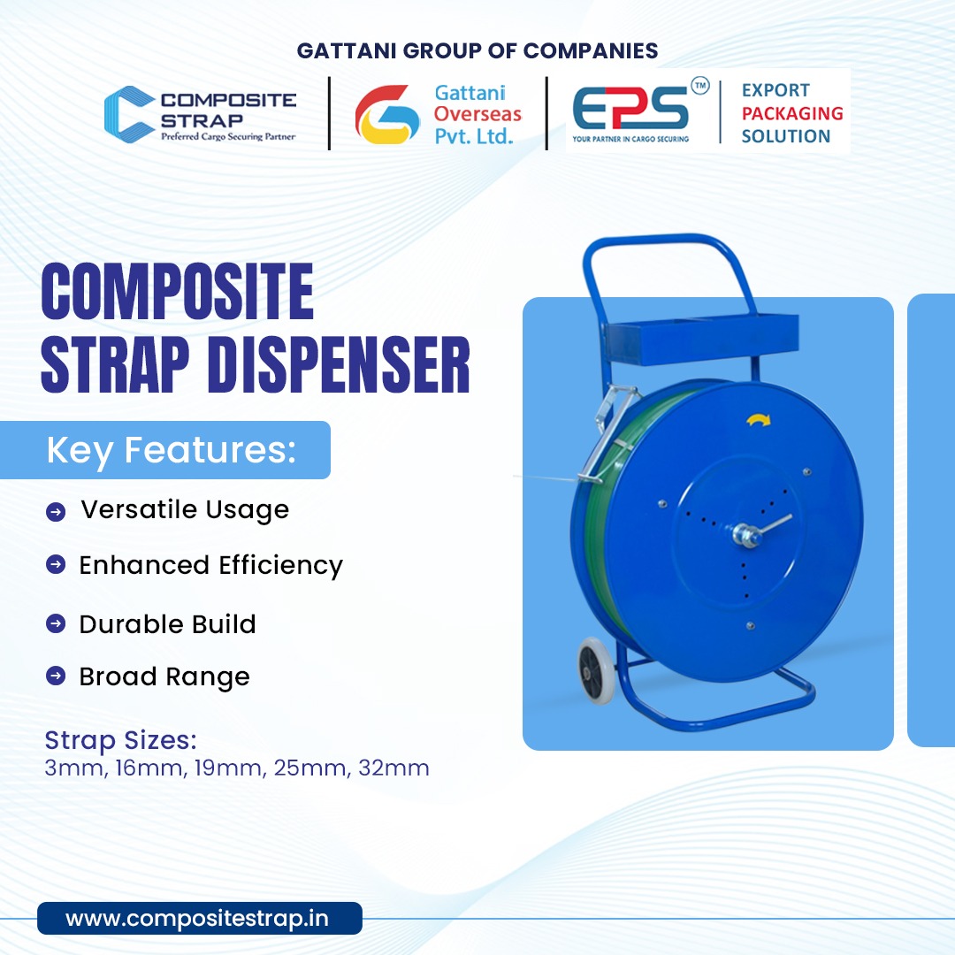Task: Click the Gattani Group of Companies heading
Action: (x=477, y=50)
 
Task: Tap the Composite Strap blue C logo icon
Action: (x=129, y=113)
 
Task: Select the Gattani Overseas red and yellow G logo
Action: (x=386, y=114)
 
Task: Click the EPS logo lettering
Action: (x=630, y=110)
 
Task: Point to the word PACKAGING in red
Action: (x=791, y=113)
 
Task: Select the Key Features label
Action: (x=170, y=450)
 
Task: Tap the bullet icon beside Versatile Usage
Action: (x=56, y=512)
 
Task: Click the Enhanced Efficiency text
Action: (x=210, y=565)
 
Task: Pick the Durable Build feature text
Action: (x=167, y=624)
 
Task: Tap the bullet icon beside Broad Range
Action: (x=56, y=676)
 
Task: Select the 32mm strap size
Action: (x=393, y=768)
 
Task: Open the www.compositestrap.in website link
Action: (x=197, y=919)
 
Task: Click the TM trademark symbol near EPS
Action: (x=699, y=88)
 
